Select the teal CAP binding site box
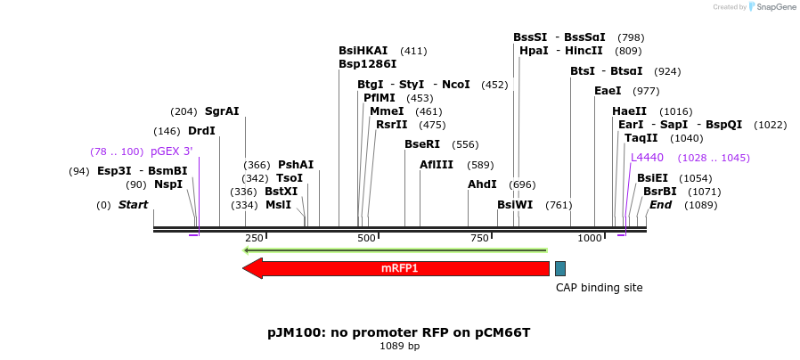click(559, 268)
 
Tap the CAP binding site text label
click(599, 288)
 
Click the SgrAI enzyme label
click(222, 111)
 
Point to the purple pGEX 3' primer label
click(171, 151)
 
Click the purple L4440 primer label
click(647, 158)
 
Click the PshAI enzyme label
click(296, 164)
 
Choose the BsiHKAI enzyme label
click(363, 51)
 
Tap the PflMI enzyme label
click(380, 98)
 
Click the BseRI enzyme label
click(422, 144)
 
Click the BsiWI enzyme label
click(515, 205)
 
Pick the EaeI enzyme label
click(608, 91)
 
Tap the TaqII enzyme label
click(641, 138)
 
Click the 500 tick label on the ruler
click(366, 238)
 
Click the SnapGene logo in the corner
click(771, 7)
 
